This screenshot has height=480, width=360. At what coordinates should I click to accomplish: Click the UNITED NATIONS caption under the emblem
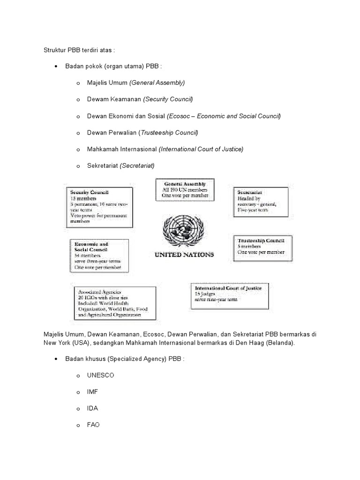click(184, 255)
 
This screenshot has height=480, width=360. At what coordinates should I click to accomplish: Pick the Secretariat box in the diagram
click(260, 202)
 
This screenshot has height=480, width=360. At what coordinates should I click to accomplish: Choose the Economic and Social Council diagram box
click(98, 256)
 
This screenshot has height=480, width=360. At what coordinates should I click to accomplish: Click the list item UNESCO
click(100, 375)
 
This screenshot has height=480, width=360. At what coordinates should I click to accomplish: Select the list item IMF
click(92, 392)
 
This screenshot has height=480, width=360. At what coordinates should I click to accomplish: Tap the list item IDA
click(92, 408)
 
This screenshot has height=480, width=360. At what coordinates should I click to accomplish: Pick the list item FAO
click(93, 425)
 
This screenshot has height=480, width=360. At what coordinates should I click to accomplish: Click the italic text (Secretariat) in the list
click(137, 165)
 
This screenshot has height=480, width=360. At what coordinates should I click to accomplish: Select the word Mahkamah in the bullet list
click(101, 149)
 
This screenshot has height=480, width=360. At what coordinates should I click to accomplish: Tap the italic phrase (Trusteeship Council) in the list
click(168, 133)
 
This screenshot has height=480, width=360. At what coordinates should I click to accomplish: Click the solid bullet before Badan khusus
click(56, 359)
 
